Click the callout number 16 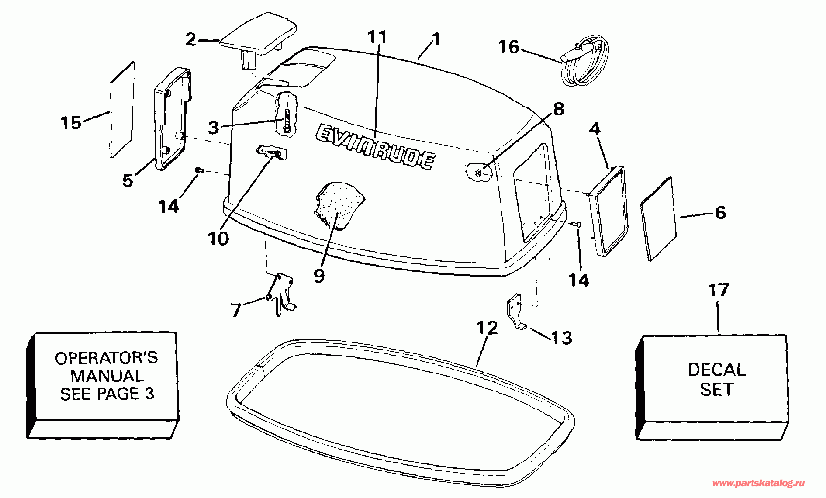coord(509,47)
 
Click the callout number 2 coord(191,39)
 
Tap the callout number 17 coord(718,290)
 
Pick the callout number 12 coord(487,328)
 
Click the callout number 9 coord(319,276)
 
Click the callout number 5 coord(128,180)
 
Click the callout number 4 coord(595,129)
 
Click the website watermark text coord(758,483)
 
